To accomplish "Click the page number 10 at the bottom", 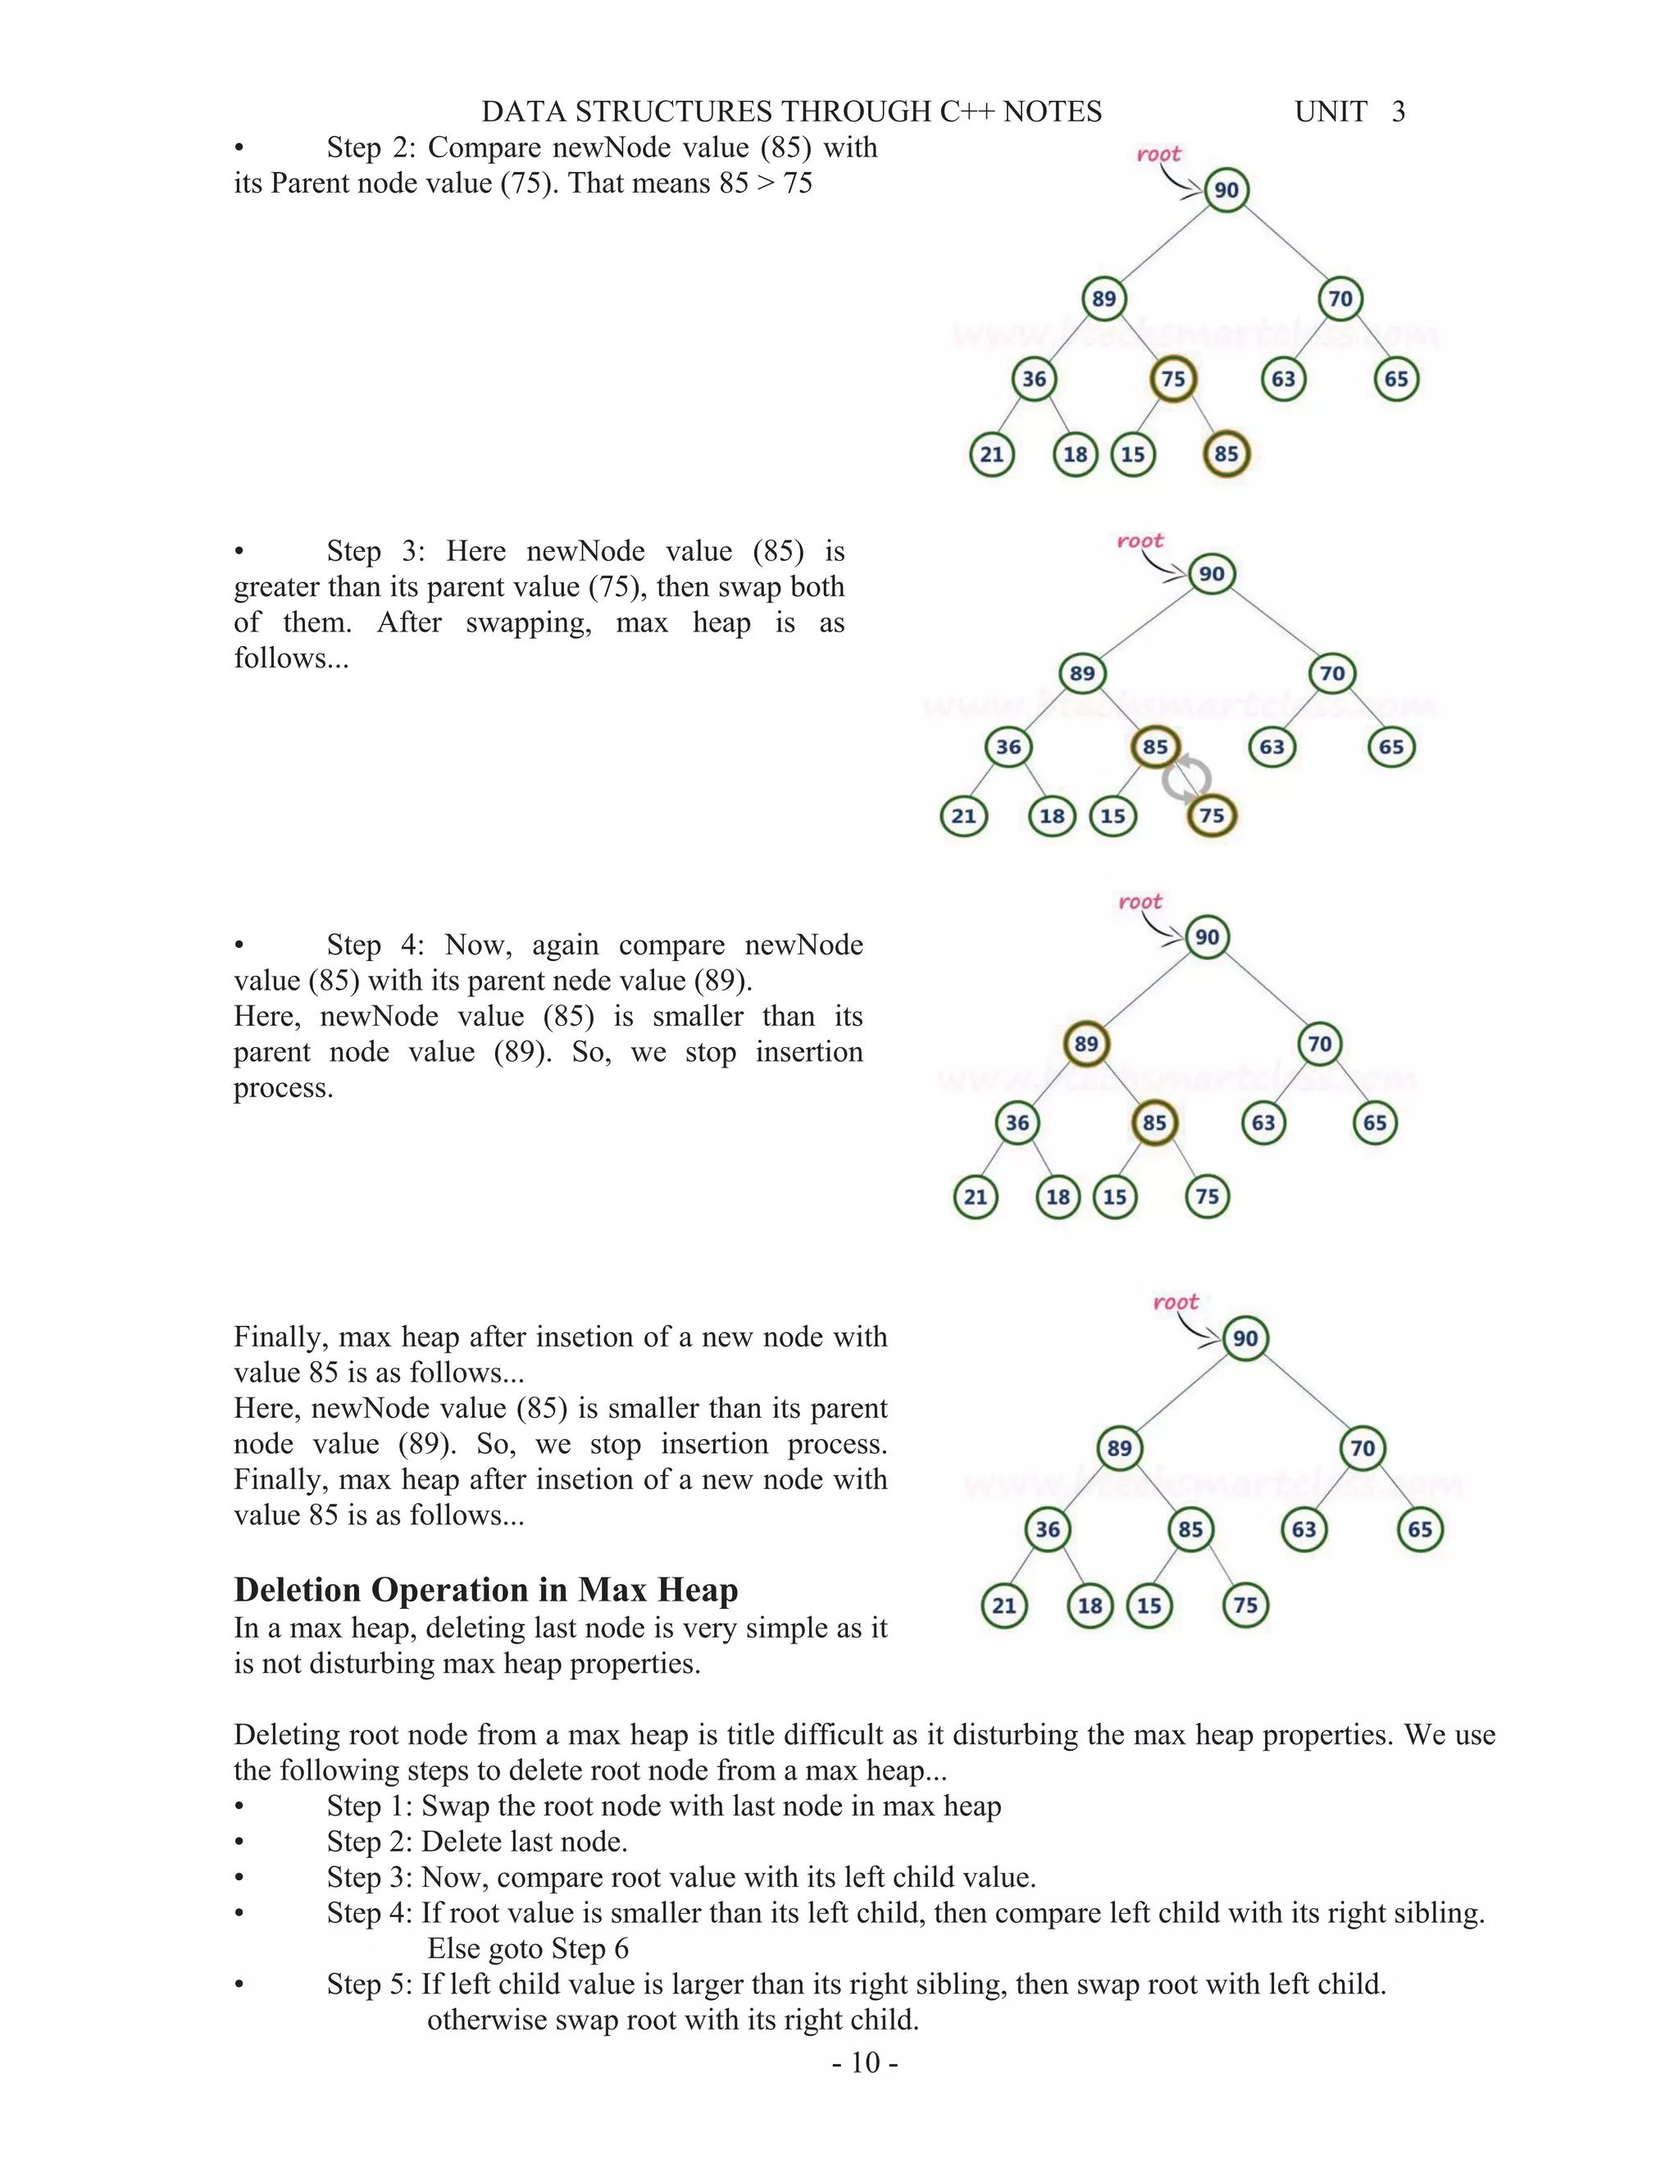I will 866,2062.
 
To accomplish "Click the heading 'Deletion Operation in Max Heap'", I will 485,1589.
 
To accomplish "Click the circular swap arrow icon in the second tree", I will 1186,780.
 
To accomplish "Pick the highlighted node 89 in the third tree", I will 1086,1044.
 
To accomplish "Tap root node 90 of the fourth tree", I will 1245,1338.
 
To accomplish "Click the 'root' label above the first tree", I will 1158,154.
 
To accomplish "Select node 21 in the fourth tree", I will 1003,1605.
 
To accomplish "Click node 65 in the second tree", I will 1390,747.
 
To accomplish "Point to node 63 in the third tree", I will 1263,1123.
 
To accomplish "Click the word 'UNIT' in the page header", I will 1330,112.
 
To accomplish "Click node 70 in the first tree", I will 1340,298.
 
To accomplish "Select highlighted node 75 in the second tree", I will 1212,816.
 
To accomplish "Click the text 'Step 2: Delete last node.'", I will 476,1841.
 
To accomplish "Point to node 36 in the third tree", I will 1017,1123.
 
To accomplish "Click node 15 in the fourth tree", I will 1149,1605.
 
